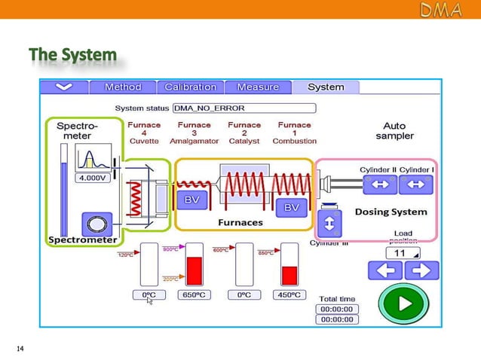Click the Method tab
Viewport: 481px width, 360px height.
[123, 87]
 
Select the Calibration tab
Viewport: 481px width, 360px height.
[190, 87]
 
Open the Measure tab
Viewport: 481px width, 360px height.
[258, 87]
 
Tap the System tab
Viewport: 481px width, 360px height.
[326, 87]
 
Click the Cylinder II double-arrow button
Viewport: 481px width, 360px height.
[378, 184]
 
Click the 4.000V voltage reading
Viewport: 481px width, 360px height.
[90, 179]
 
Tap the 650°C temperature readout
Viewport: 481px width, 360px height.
[195, 294]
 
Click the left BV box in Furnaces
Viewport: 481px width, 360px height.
[192, 200]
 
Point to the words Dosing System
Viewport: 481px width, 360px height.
[391, 212]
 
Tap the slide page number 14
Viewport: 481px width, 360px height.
[20, 349]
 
